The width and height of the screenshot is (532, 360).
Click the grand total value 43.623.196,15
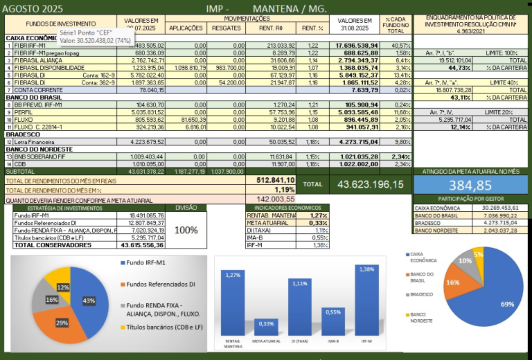tap(370, 184)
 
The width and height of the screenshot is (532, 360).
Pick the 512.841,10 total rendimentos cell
tap(276, 180)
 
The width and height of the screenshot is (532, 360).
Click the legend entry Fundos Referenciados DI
tap(159, 284)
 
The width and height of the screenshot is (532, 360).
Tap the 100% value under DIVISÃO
tap(186, 230)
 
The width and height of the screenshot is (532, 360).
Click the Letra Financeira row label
tap(35, 141)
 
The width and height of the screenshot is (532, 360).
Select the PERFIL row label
tap(24, 111)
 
